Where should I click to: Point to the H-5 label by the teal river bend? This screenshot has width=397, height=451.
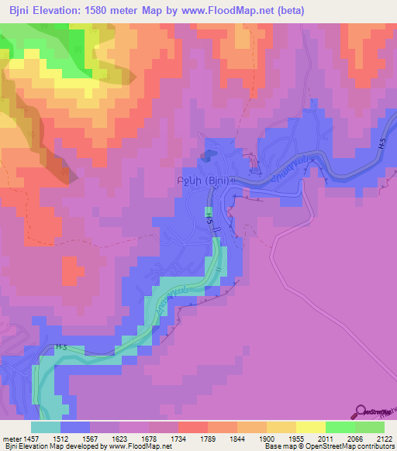[x=61, y=348]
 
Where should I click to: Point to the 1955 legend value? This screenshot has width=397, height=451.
[x=285, y=438]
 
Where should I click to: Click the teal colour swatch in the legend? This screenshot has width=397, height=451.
[x=46, y=427]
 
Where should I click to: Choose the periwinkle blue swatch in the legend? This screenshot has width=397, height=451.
[x=75, y=427]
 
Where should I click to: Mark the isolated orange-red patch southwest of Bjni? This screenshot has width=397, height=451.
[x=71, y=271]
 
